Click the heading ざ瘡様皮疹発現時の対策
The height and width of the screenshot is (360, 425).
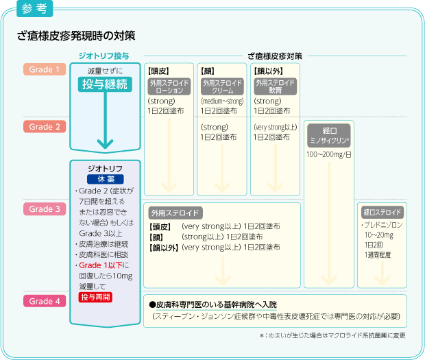coord(76,34)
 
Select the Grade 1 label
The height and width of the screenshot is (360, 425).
coord(45,69)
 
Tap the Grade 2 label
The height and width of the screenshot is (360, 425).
coord(45,127)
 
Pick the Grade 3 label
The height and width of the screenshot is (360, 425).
coord(45,209)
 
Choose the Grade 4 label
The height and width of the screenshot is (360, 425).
coord(45,300)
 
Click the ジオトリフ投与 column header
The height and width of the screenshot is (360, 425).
coord(105,55)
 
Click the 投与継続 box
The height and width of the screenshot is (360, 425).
coord(105,84)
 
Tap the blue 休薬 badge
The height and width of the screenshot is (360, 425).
coord(105,178)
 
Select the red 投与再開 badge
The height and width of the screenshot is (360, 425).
coord(95,297)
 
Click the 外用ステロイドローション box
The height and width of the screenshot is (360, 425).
coord(168,86)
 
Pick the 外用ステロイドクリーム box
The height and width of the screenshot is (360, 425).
coord(221,86)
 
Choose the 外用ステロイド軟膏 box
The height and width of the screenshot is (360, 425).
coord(275,86)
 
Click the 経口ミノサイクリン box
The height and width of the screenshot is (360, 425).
coord(328,134)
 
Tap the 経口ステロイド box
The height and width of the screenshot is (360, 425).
coord(382,211)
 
